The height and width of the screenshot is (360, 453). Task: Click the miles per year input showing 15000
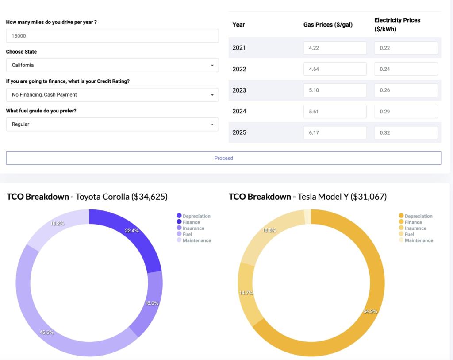[x=112, y=36]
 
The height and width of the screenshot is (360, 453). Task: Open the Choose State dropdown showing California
[x=112, y=65]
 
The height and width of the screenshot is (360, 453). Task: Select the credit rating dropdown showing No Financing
[x=112, y=95]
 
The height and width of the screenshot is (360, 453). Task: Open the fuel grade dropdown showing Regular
[x=112, y=124]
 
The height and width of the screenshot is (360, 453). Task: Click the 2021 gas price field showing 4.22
[x=334, y=48]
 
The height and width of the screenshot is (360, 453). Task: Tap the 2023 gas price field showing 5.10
[x=334, y=90]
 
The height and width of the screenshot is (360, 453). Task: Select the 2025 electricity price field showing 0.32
[x=406, y=132]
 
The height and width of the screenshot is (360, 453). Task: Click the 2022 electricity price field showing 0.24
[x=406, y=69]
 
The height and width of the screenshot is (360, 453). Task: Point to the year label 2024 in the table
[x=239, y=112]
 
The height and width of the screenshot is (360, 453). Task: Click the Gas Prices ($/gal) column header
[x=328, y=25]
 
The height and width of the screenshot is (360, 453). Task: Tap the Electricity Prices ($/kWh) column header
[x=397, y=25]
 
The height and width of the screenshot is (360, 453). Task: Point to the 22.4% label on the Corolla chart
[x=132, y=231]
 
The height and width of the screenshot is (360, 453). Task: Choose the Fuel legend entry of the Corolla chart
[x=187, y=234]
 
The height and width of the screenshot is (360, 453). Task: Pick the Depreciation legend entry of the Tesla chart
[x=418, y=216]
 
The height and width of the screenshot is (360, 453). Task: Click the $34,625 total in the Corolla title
[x=150, y=197]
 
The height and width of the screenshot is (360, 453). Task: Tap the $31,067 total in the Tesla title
[x=369, y=197]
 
